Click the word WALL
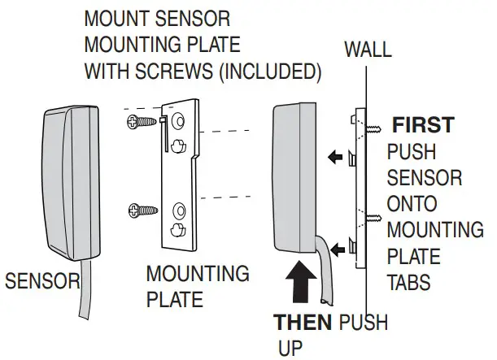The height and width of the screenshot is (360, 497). [368, 50]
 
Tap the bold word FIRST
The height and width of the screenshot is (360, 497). [423, 125]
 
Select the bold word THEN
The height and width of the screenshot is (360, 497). [302, 322]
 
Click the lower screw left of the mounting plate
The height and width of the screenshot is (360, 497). [139, 212]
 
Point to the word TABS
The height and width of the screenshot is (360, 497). [409, 284]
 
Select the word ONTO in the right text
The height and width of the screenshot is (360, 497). [412, 204]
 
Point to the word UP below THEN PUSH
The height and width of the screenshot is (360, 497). [290, 349]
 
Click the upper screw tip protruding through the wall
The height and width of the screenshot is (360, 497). [376, 128]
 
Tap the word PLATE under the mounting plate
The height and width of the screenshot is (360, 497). [175, 300]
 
